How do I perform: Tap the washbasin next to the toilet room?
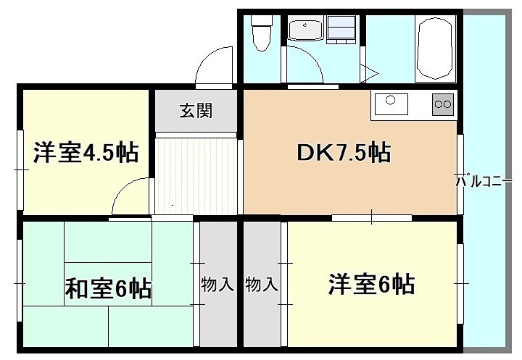[304, 30]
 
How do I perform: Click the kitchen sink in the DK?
[391, 105]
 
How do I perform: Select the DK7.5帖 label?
[344, 153]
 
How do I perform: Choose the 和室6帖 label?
[109, 289]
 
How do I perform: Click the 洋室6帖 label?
[371, 284]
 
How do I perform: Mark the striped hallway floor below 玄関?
[196, 174]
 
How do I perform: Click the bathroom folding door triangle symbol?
[370, 71]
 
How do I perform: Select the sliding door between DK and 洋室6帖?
[372, 217]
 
